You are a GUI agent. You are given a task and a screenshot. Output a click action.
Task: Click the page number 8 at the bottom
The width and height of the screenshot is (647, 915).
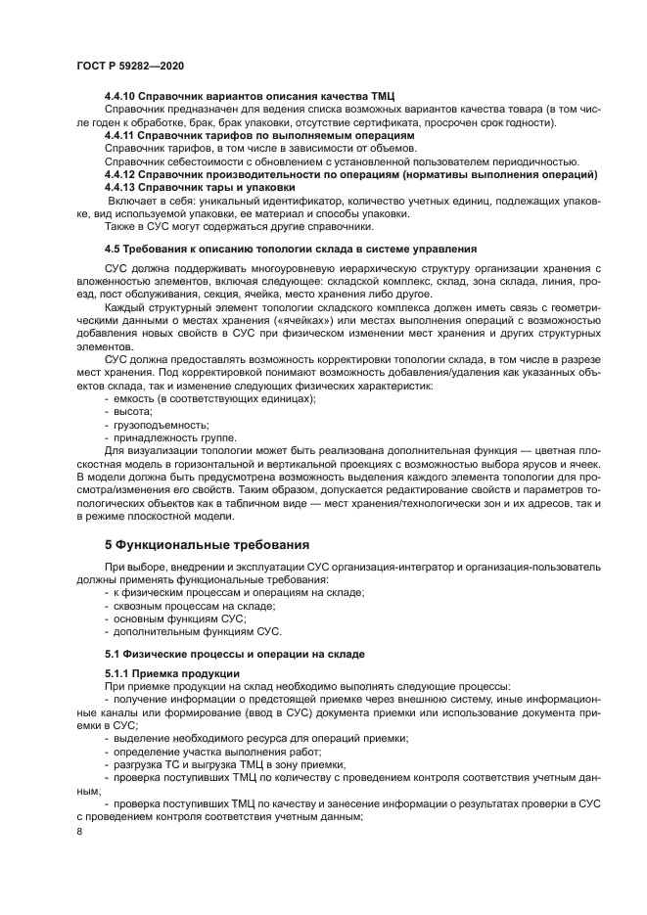point(79,831)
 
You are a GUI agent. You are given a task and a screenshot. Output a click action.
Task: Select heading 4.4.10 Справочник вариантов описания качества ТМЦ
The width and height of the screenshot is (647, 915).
point(249,95)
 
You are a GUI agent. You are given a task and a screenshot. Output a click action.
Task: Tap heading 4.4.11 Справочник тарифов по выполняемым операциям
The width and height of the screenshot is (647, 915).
point(258,134)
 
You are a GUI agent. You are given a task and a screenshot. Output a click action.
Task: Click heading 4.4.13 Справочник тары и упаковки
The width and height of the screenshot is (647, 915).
point(199,186)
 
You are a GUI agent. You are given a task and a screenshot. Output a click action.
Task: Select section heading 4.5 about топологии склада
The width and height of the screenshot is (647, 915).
point(290,249)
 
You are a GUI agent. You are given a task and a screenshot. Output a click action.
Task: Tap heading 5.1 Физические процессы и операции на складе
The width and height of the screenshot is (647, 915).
point(234,652)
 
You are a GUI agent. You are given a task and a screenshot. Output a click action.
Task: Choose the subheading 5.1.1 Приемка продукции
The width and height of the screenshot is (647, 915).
point(171,673)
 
